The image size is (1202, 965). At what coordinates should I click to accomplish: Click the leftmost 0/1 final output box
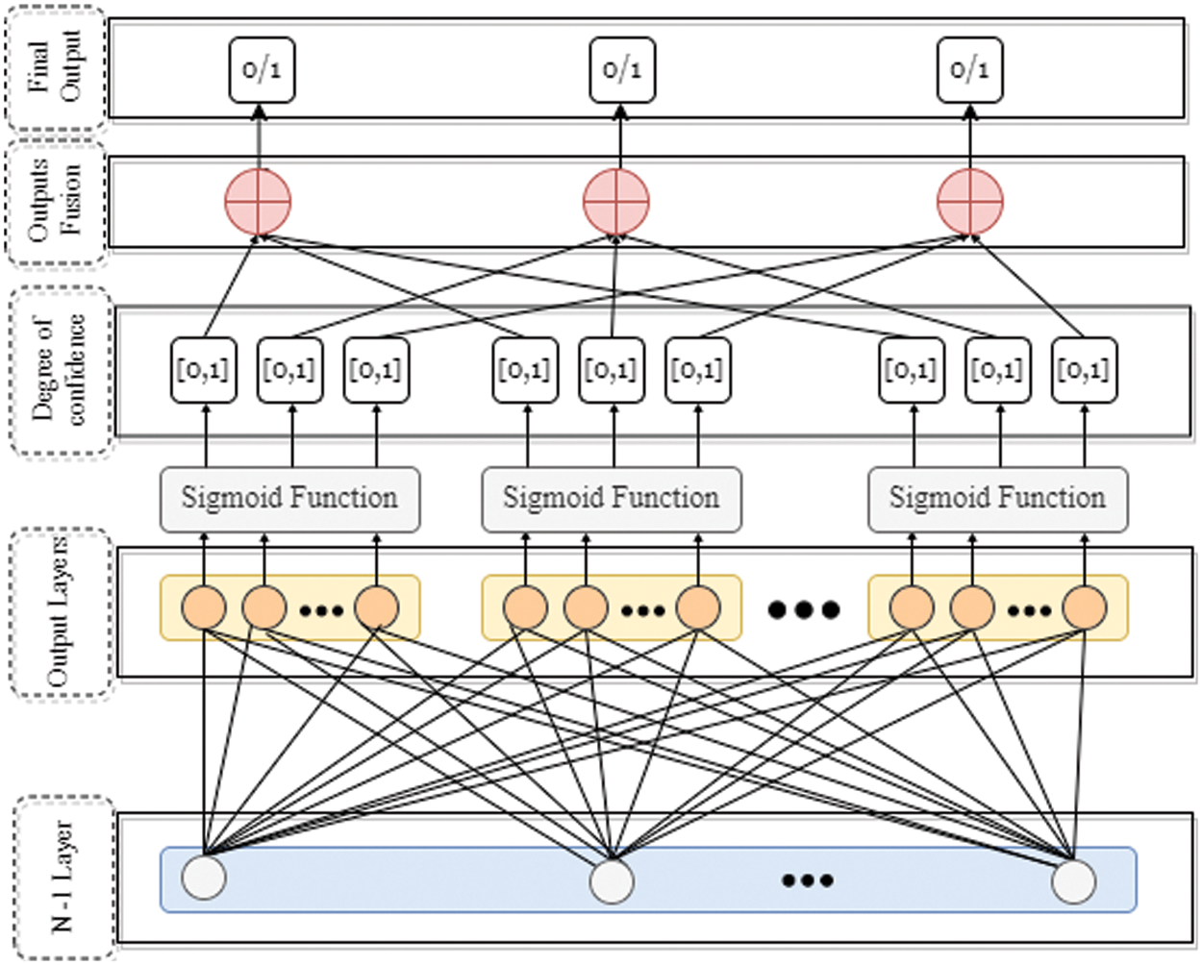[262, 69]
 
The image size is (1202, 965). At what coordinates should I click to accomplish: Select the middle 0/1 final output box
[622, 69]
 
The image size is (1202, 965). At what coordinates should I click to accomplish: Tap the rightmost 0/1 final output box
[970, 69]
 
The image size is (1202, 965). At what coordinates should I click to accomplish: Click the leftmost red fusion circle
[258, 202]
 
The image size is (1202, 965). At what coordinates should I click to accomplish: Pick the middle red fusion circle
[616, 202]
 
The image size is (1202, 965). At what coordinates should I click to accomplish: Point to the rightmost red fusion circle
[970, 202]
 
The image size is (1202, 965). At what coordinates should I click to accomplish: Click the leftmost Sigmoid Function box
[289, 499]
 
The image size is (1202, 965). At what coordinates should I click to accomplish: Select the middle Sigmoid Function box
[611, 499]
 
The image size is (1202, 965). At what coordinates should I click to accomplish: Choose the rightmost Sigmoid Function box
[997, 499]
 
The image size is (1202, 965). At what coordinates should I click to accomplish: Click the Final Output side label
[55, 67]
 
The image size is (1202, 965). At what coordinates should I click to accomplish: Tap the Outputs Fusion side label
[55, 203]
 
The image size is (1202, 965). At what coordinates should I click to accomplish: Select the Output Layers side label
[61, 612]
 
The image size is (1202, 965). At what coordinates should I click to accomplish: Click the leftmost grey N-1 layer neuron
[204, 878]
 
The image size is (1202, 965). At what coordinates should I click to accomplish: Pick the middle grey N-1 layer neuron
[612, 881]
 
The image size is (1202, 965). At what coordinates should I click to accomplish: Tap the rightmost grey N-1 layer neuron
[1073, 881]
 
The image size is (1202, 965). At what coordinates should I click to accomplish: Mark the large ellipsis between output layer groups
[804, 609]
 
